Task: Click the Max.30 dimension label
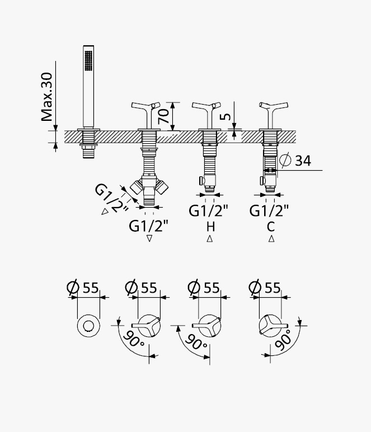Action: tap(46, 97)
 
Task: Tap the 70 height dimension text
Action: tap(163, 116)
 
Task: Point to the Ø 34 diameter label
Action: tap(295, 161)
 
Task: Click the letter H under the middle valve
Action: tap(210, 227)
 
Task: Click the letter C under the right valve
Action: tap(271, 227)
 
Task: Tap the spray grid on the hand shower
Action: tap(88, 60)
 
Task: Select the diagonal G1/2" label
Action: tap(111, 198)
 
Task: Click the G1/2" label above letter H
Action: tap(209, 211)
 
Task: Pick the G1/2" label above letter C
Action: tap(269, 211)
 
